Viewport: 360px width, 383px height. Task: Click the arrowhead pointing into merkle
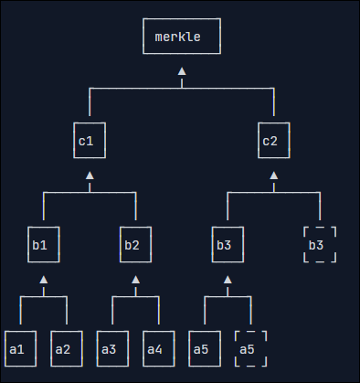tap(182, 71)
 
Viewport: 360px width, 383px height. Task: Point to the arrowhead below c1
tap(90, 176)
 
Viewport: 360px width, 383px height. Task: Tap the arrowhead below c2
tap(274, 176)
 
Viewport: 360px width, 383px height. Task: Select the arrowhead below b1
tap(44, 280)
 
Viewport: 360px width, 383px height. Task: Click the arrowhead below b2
tap(135, 280)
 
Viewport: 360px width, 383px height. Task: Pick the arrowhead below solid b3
tap(228, 280)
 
